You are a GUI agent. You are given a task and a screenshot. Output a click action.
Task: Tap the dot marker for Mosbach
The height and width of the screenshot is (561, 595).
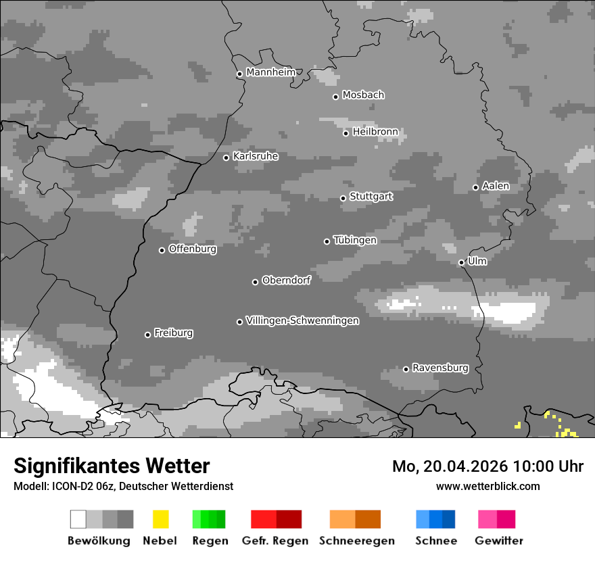coord(335,97)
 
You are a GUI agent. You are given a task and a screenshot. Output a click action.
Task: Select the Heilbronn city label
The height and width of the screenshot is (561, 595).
coord(375,132)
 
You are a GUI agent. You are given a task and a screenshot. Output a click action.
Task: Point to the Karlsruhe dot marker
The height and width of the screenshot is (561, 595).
coord(227,158)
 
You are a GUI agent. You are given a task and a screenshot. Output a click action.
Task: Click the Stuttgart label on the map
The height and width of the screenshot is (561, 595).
coord(371,197)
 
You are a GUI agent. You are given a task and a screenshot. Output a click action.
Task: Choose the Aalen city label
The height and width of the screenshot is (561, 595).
coord(496,186)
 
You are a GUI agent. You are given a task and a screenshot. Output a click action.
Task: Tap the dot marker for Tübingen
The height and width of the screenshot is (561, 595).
coord(327,241)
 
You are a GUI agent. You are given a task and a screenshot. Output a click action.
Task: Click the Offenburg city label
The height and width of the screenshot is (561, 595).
coord(193,249)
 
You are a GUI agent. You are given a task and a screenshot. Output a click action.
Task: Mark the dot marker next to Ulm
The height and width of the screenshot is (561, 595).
coord(461,262)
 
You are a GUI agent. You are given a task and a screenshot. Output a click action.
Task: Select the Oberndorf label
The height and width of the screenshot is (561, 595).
coord(287,280)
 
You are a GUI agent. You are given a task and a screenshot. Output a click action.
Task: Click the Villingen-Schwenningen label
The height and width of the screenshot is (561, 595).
coord(302,320)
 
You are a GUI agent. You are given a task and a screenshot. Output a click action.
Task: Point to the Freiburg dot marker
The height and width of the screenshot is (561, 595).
coord(147,335)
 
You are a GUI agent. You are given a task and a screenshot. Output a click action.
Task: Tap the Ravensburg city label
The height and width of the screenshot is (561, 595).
coord(440,368)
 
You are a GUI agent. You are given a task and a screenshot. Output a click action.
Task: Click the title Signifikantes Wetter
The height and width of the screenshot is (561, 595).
coord(112,466)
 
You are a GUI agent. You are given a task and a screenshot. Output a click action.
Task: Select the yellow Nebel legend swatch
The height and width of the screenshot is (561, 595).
coord(160,519)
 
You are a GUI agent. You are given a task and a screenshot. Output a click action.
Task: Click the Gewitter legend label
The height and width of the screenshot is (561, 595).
coord(499,541)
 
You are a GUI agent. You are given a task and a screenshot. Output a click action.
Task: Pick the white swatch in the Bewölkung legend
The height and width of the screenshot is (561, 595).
coord(78,519)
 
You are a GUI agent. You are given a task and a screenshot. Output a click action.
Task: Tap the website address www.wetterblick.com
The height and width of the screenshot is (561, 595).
coord(487,486)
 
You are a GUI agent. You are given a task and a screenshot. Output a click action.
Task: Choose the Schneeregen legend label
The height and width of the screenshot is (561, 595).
coord(357,541)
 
